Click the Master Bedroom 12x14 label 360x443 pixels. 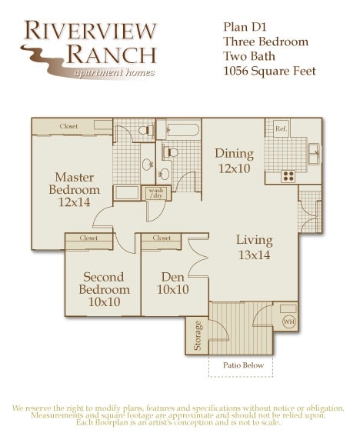[75, 189]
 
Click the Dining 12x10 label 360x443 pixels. [234, 160]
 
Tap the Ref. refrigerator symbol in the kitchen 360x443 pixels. [280, 129]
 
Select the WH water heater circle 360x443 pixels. [288, 321]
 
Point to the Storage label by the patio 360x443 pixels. [198, 335]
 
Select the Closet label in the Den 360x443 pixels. [162, 238]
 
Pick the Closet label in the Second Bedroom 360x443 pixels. [89, 238]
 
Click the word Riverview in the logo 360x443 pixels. [90, 31]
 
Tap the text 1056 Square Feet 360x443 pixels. [269, 71]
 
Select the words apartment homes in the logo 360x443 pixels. [114, 73]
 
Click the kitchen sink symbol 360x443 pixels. [314, 152]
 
